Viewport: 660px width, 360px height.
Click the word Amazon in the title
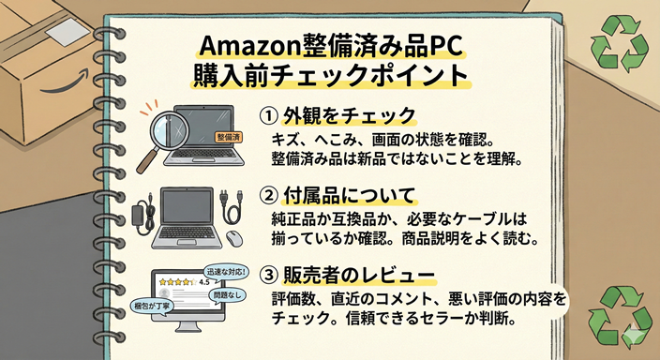[241, 47]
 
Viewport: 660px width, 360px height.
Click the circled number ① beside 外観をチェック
[267, 115]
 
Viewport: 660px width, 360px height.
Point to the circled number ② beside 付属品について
[267, 198]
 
